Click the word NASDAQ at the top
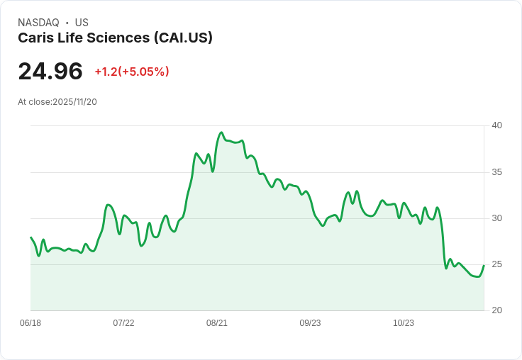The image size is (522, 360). point(38,23)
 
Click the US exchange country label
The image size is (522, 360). point(82,23)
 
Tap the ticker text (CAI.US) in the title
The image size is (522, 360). point(183,38)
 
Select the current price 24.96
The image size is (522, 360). point(50,71)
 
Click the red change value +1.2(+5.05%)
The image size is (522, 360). point(132,72)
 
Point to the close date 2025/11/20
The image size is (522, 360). point(74,102)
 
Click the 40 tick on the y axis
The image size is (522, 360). point(496,125)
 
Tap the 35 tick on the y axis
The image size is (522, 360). point(496,172)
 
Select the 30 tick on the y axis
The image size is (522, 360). point(496,218)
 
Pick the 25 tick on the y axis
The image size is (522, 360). point(496,264)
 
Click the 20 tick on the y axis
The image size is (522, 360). point(496,310)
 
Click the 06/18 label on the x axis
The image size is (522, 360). point(30,323)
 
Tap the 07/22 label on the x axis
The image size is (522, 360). point(123,323)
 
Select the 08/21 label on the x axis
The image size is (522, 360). point(217,323)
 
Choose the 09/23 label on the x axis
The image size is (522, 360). point(310,323)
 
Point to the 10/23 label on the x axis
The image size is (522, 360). point(404,323)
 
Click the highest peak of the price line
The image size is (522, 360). point(221,133)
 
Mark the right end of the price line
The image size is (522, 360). point(484,266)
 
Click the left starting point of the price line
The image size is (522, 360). point(30,237)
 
